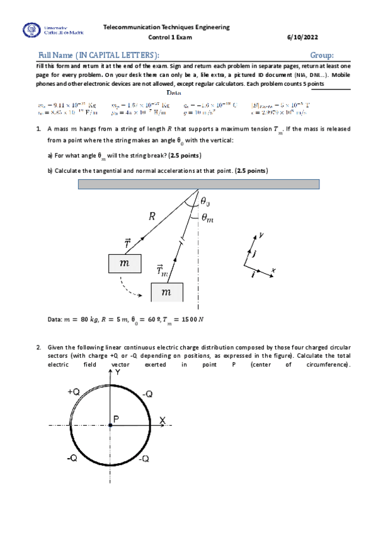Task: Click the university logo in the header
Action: click(x=30, y=30)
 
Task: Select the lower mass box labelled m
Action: click(x=166, y=292)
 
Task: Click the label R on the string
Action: click(x=152, y=216)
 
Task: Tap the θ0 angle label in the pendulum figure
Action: click(x=207, y=201)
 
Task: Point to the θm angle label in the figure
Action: click(x=209, y=218)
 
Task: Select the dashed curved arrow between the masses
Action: click(x=133, y=290)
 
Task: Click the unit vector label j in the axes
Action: click(x=255, y=254)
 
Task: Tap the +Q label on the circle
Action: click(x=73, y=392)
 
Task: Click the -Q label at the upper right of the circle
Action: click(x=147, y=393)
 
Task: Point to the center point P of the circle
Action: click(x=110, y=426)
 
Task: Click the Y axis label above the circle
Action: click(x=118, y=373)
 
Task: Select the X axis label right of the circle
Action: click(x=162, y=420)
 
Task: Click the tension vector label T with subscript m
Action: click(x=162, y=270)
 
